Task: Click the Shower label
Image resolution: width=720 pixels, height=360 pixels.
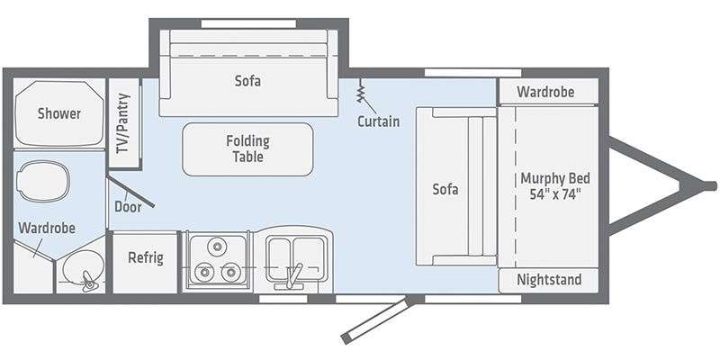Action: (59, 113)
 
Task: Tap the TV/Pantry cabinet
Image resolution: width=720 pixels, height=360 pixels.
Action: (124, 123)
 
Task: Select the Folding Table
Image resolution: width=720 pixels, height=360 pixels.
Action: (248, 149)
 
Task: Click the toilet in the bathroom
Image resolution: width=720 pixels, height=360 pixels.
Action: (42, 181)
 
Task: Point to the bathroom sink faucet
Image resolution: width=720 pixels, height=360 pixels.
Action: (87, 281)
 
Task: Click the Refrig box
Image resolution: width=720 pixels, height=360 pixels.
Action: (145, 262)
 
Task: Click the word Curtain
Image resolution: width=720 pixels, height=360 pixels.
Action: (378, 121)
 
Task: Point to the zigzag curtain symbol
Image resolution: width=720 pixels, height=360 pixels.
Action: (361, 91)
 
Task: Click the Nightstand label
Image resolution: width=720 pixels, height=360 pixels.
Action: (549, 279)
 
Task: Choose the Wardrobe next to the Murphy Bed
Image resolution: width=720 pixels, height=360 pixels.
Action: (548, 92)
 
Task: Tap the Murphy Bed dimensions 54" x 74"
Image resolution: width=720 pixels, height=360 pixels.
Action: (555, 194)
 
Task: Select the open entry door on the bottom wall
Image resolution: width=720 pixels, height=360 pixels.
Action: (375, 320)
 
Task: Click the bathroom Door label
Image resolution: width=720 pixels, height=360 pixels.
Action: (128, 207)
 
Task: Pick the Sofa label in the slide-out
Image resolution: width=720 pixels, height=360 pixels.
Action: (248, 81)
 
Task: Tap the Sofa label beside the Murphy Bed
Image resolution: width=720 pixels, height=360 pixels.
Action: (445, 189)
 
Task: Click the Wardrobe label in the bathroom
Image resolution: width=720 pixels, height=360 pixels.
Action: (47, 228)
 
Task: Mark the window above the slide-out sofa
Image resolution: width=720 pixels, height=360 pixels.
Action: (249, 23)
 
